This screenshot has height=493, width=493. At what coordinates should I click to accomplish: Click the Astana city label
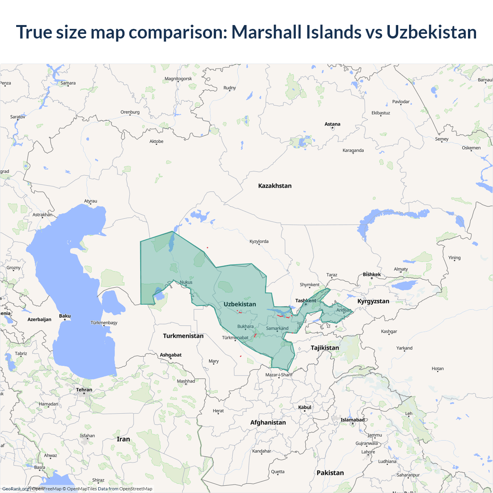coord(332,124)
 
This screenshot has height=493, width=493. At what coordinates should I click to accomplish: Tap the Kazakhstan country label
coord(275,186)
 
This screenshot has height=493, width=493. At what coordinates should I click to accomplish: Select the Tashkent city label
coord(305,300)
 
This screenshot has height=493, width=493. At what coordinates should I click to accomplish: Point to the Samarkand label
coord(277,329)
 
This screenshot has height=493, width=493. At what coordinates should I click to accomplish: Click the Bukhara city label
coord(245,326)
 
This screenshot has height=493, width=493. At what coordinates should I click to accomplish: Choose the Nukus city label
coord(186,282)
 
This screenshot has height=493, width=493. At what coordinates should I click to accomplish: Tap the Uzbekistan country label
coord(240,304)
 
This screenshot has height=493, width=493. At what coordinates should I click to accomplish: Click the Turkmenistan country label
coord(183,336)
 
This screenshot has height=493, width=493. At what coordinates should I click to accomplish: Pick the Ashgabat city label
coord(171,355)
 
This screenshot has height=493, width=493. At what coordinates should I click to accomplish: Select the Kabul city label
coord(305,407)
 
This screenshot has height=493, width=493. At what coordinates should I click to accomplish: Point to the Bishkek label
coord(372,274)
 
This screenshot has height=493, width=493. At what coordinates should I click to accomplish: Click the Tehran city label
coord(84,390)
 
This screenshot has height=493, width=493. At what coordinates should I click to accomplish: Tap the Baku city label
coord(65,316)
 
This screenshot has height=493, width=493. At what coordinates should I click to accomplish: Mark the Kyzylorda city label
coord(259,241)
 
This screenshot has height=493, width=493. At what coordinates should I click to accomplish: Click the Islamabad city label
coord(352,420)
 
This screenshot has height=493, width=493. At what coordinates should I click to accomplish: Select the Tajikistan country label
coord(325,348)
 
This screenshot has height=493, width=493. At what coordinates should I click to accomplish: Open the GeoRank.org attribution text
coord(15,489)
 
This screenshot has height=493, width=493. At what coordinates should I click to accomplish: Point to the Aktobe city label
coord(156,141)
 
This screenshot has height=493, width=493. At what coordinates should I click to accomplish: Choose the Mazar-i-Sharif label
coord(279,375)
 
